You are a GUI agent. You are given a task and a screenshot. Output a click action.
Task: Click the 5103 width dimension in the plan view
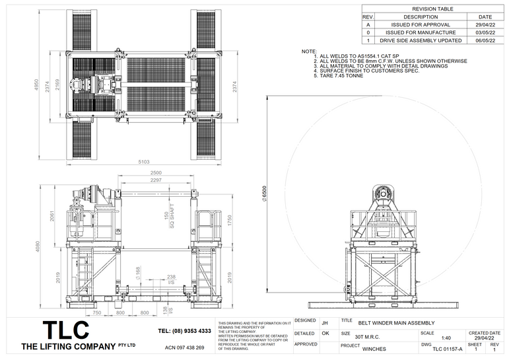point(144,161)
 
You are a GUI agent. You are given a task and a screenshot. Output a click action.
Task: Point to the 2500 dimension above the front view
point(156,173)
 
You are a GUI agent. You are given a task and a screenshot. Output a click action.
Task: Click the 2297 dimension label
point(156,180)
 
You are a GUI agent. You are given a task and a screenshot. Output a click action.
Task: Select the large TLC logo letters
point(66,330)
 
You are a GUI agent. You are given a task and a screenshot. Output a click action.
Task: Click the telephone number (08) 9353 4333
point(185,331)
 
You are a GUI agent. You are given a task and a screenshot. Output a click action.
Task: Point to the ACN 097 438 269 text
point(184,347)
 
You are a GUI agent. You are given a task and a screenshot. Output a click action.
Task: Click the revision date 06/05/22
point(485,40)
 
